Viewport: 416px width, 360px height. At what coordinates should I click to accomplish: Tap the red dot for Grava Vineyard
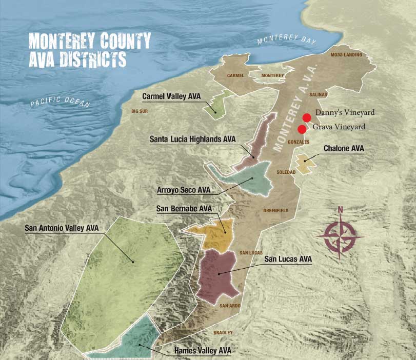tap(302, 129)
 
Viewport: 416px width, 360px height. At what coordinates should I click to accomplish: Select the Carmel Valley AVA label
tap(171, 96)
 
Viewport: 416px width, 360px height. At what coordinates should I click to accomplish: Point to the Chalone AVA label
tap(344, 149)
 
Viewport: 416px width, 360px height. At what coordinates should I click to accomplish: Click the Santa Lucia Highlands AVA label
tap(193, 139)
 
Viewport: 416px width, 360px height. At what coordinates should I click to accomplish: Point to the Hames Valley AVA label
tap(203, 351)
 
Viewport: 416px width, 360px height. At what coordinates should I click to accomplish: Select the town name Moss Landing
tap(346, 55)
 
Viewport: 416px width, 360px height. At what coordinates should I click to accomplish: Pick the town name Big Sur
tap(140, 111)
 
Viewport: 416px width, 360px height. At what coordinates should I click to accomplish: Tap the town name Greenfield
tap(276, 210)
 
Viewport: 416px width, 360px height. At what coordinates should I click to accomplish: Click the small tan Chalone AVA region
tap(305, 164)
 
